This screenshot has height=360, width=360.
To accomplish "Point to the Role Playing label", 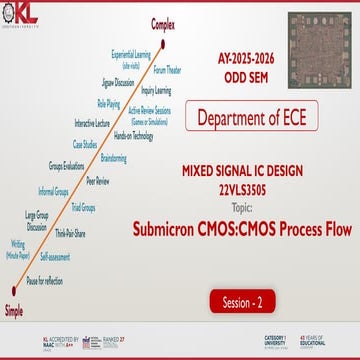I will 109,103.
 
